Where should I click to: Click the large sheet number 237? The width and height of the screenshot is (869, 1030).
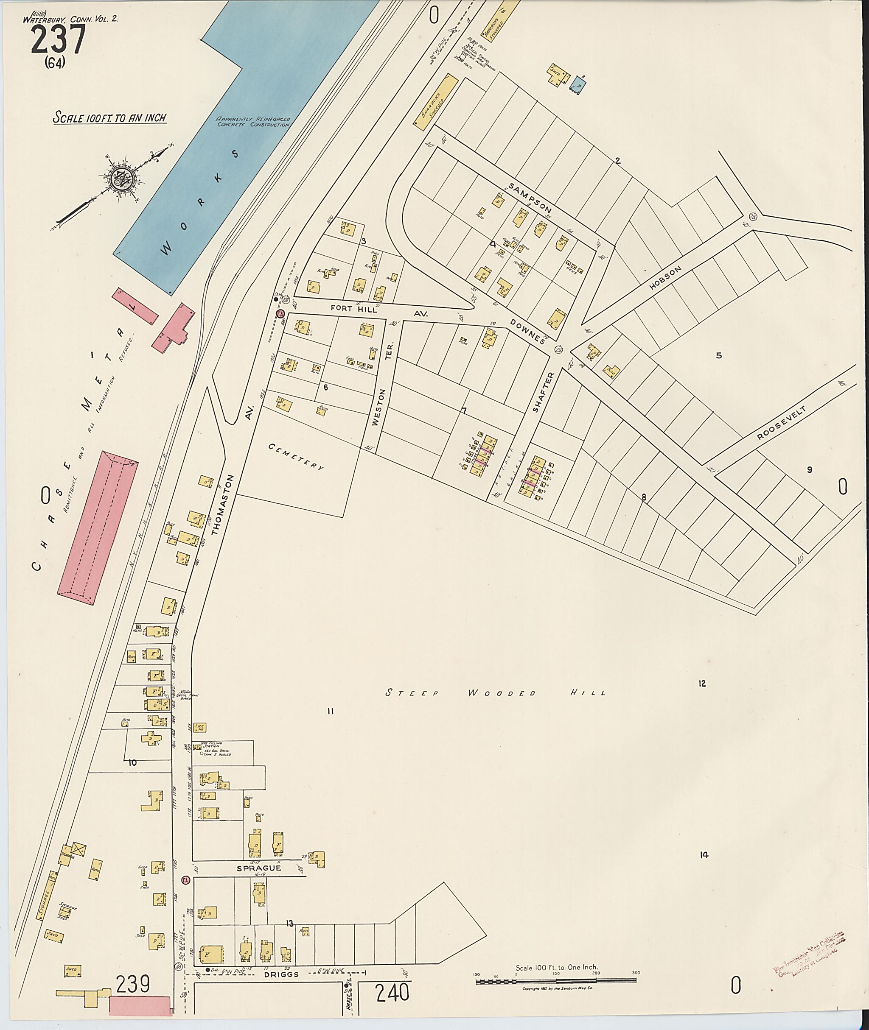(59, 39)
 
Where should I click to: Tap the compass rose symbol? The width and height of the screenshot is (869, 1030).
(121, 178)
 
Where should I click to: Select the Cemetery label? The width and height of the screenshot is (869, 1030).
(296, 456)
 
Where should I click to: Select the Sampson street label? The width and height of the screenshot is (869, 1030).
(530, 198)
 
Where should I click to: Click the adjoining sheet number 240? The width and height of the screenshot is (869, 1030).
(392, 993)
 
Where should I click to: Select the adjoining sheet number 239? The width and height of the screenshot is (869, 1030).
(132, 985)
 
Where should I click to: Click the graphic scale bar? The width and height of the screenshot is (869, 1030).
(556, 981)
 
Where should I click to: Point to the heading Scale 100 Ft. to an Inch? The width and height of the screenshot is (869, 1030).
(110, 118)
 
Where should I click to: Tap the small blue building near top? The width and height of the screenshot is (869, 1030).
(578, 85)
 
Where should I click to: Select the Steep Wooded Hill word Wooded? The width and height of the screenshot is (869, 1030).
(501, 693)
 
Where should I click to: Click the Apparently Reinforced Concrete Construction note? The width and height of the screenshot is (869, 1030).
(253, 122)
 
